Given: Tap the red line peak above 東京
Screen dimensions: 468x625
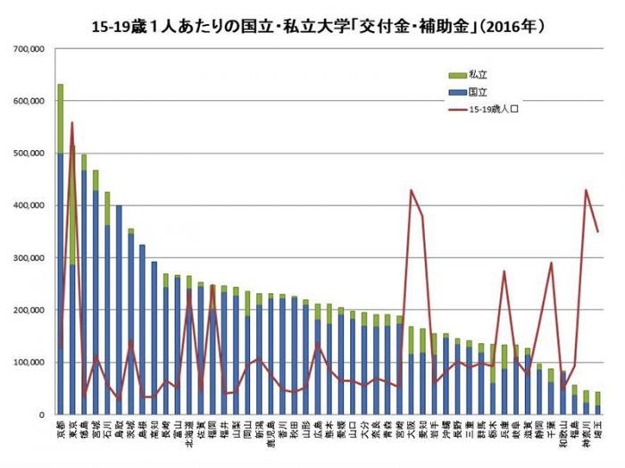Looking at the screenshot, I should tap(72, 123).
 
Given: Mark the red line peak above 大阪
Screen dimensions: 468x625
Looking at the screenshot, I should tap(411, 190).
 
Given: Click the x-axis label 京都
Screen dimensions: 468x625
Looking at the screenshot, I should tap(61, 429).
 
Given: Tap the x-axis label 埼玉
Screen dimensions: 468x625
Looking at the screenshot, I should tap(597, 429).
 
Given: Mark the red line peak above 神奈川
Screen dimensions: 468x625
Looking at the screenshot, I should tap(586, 190).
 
